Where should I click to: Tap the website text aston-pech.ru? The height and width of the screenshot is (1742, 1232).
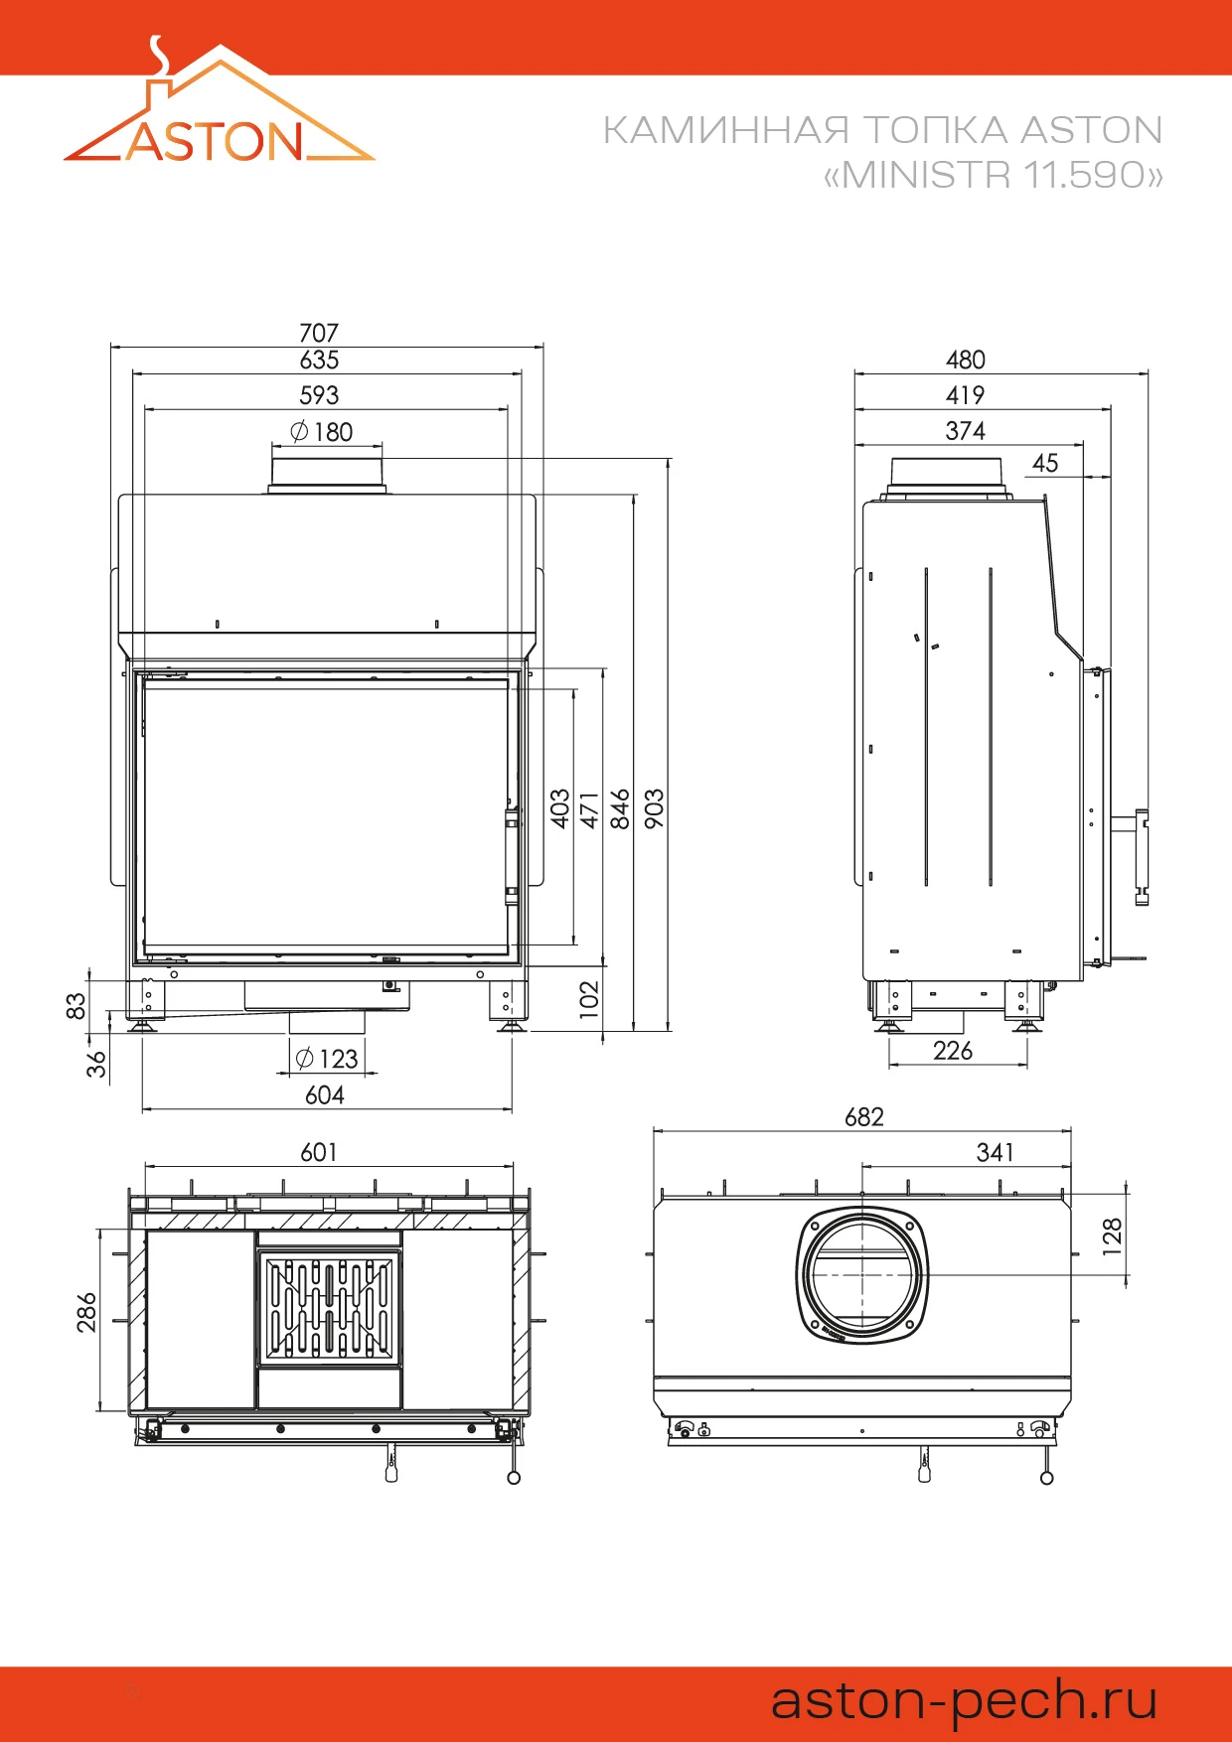tap(964, 1699)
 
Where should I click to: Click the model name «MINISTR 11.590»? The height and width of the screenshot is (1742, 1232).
tap(993, 175)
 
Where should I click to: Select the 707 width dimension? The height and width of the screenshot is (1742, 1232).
tap(319, 333)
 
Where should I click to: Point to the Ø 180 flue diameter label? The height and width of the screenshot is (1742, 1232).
tap(322, 432)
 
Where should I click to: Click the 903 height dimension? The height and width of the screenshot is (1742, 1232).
tap(654, 807)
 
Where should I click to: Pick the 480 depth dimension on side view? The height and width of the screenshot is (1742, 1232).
tap(965, 360)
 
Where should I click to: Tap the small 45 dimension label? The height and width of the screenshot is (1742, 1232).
tap(1045, 463)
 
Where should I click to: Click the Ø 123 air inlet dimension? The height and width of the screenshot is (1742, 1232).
tap(327, 1059)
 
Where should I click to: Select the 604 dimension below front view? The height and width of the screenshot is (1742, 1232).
tap(325, 1095)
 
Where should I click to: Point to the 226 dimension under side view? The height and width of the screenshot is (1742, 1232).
tap(953, 1051)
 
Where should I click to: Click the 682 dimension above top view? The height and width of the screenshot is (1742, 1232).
tap(863, 1117)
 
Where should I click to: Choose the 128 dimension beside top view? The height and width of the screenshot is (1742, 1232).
tap(1113, 1236)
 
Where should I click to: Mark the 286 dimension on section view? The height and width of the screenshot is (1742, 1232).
tap(87, 1311)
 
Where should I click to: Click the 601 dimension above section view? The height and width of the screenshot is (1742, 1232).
tap(319, 1152)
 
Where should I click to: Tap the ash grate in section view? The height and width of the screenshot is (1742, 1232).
tap(329, 1308)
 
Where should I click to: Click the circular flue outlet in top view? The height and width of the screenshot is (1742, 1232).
tap(862, 1275)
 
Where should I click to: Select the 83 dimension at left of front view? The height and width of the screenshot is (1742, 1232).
tap(76, 1005)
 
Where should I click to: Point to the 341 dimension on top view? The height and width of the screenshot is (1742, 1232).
tap(995, 1152)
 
